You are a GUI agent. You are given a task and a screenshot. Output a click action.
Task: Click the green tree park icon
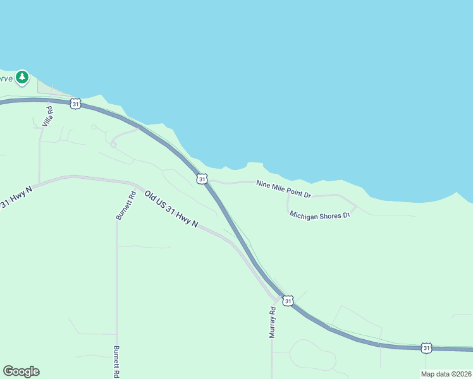point(23,77)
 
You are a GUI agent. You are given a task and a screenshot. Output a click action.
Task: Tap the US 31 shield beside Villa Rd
point(76,104)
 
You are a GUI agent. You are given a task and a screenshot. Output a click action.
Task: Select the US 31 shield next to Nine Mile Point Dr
point(201,179)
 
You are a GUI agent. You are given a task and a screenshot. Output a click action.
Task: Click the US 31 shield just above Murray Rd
point(288,301)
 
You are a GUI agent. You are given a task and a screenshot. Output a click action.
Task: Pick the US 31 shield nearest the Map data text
point(426,348)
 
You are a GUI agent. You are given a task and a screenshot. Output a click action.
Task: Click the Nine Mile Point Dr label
point(284,188)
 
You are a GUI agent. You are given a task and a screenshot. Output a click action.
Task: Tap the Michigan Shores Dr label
point(320,215)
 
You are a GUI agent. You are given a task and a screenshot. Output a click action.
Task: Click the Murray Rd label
point(273,323)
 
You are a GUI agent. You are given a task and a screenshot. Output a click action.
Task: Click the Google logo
point(21,371)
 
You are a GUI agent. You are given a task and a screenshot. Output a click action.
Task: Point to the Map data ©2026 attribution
point(446,374)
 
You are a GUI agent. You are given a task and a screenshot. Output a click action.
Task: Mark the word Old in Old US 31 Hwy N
point(150,197)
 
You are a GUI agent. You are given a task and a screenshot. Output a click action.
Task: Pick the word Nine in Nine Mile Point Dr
point(262,184)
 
